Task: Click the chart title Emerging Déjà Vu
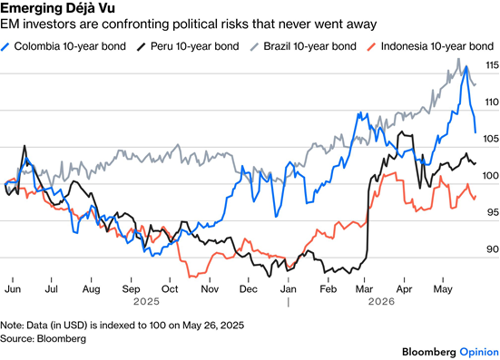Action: click(57, 8)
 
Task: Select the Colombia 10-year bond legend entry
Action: click(64, 46)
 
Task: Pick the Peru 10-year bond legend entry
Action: click(188, 46)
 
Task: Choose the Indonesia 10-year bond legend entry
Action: click(430, 46)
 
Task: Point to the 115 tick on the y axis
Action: click(492, 65)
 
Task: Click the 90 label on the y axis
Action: click(493, 249)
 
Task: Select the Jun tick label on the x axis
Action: click(13, 289)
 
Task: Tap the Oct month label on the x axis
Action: click(170, 289)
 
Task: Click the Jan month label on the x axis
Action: click(288, 289)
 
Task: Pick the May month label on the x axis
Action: click(443, 289)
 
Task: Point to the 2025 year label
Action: click(146, 301)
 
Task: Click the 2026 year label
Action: click(381, 301)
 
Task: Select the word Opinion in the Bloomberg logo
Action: click(479, 353)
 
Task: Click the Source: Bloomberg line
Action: click(43, 338)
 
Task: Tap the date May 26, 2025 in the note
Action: click(213, 326)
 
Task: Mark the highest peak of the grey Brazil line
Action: click(458, 59)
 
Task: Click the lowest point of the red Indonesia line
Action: click(191, 277)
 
